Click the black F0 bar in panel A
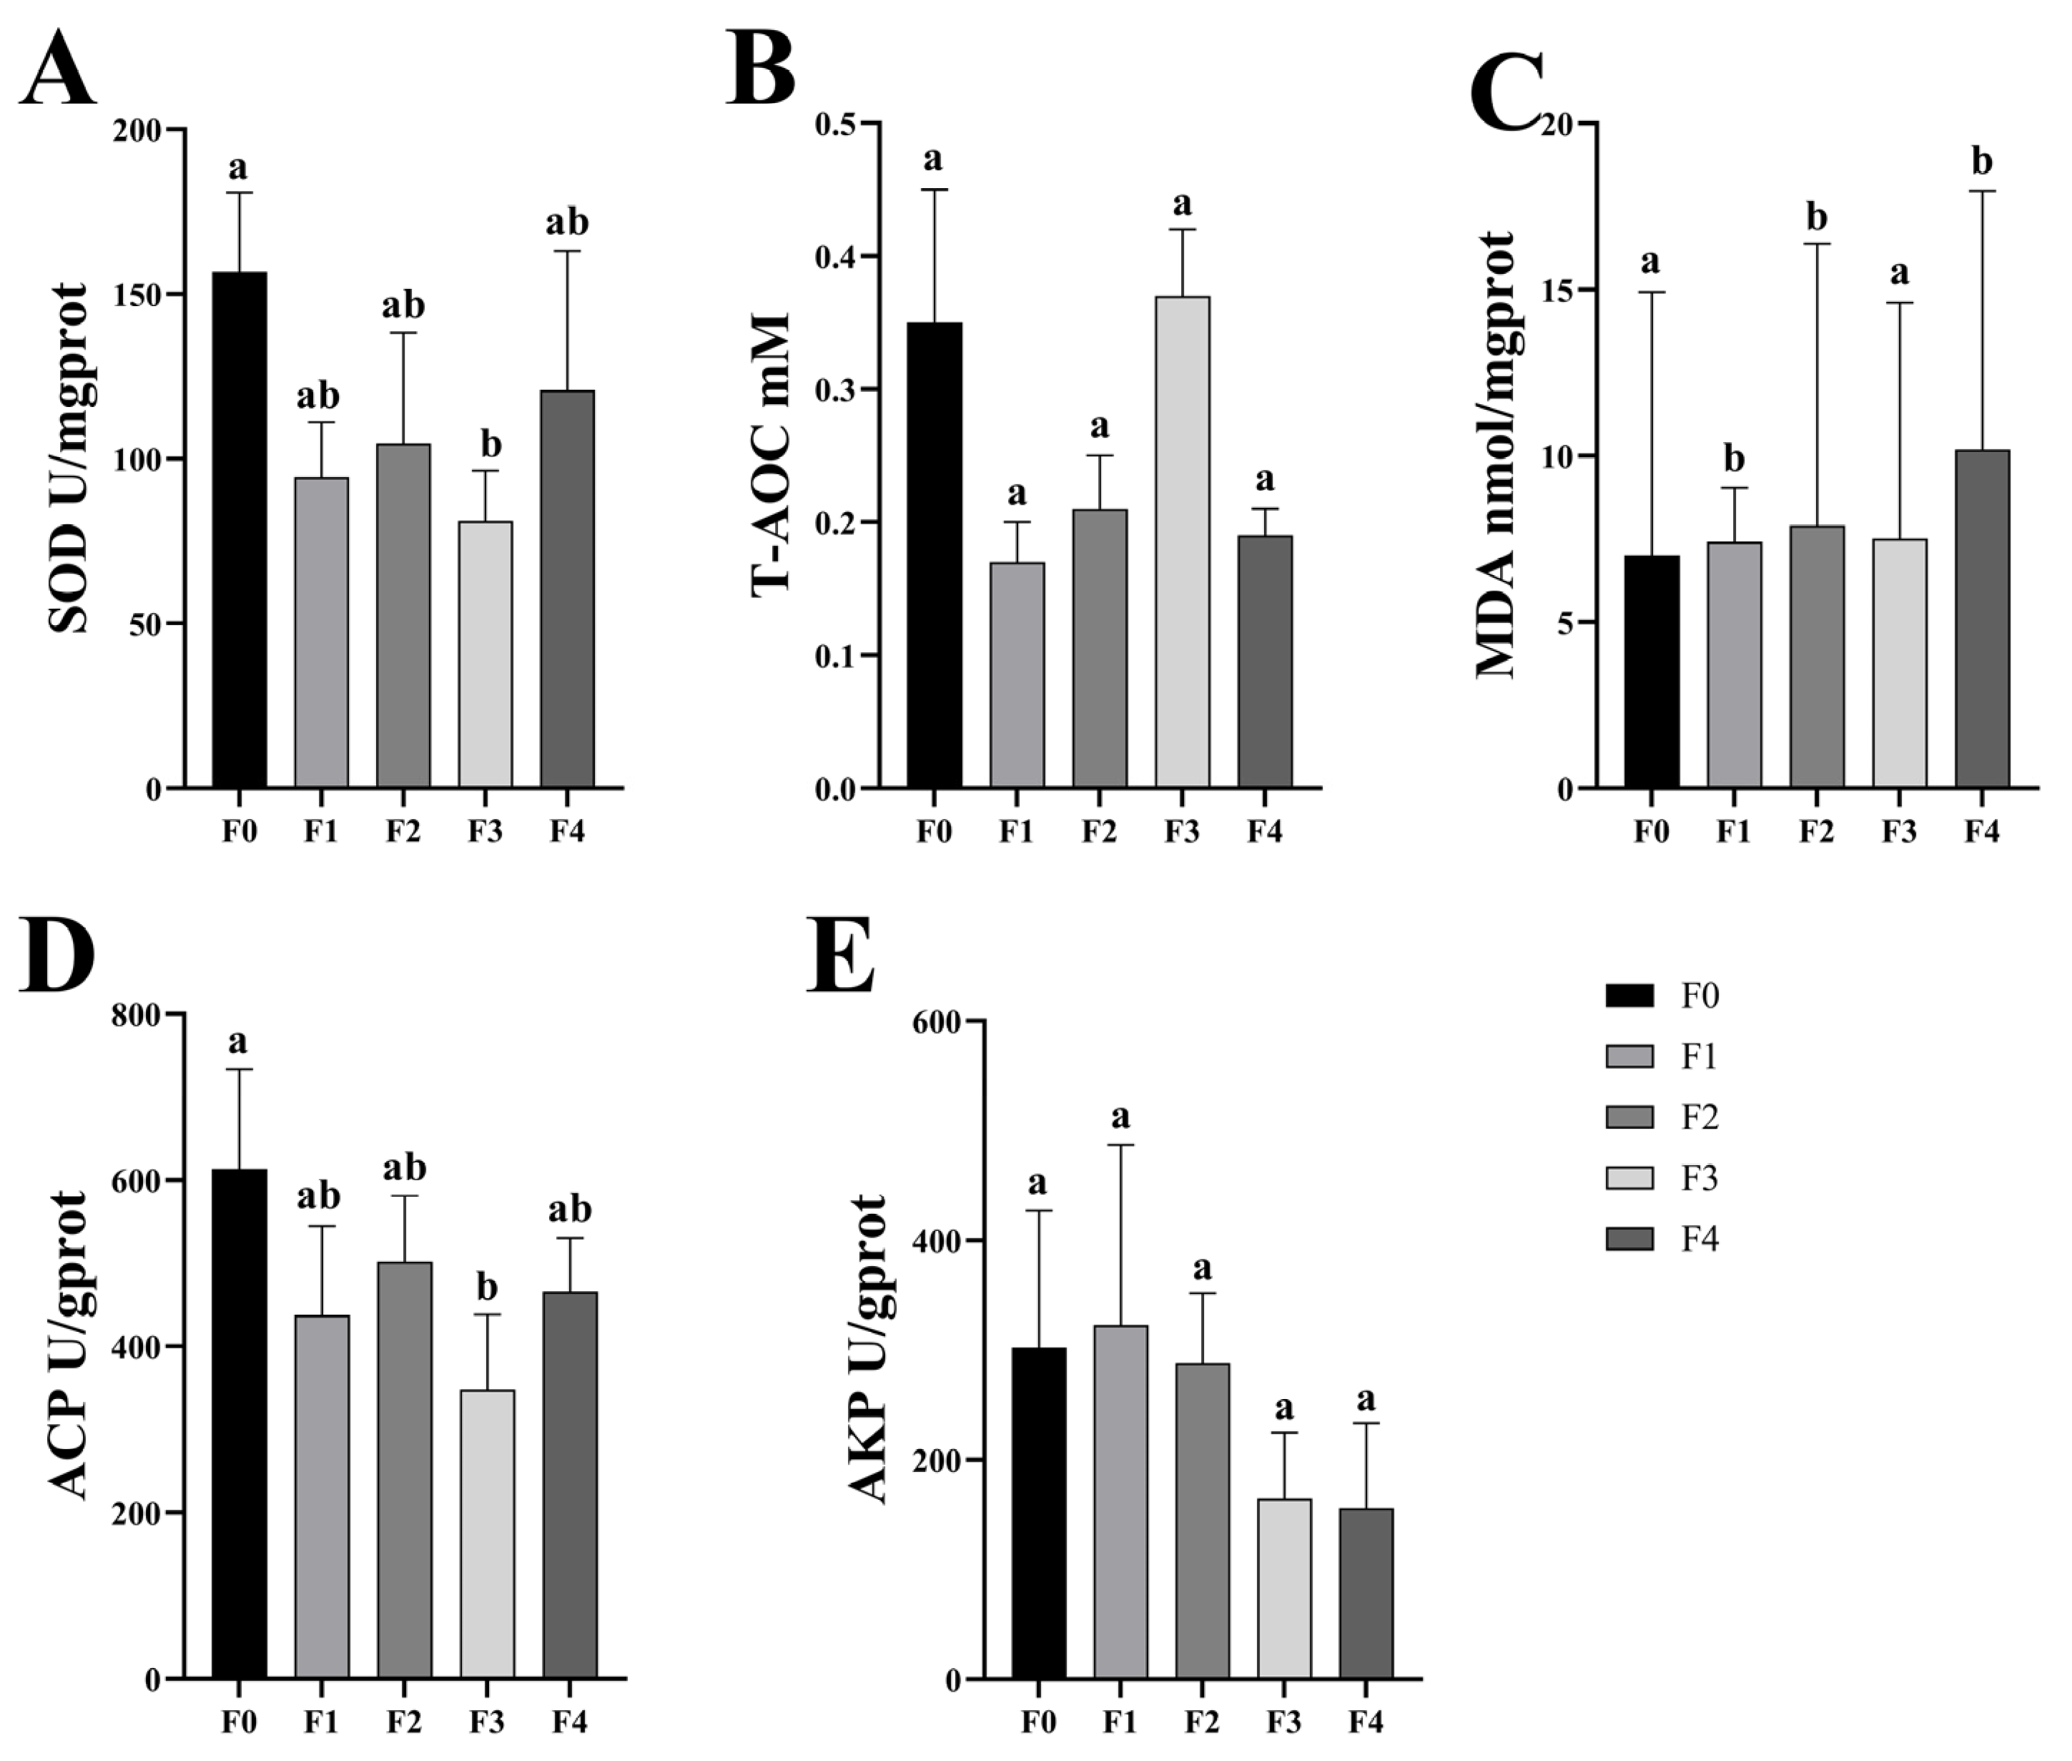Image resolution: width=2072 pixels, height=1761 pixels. pos(240,529)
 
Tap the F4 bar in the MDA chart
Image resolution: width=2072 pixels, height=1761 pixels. pos(1981,619)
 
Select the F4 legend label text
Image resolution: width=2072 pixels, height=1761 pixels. pos(1699,1240)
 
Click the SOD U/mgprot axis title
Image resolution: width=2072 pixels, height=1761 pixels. pos(68,458)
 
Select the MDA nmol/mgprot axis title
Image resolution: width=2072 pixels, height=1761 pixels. pos(1494,454)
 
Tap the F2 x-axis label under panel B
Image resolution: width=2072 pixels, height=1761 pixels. pos(1099,830)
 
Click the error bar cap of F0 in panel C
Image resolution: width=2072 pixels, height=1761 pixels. pos(1651,293)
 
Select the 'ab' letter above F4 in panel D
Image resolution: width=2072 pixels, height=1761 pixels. pos(569,1210)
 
